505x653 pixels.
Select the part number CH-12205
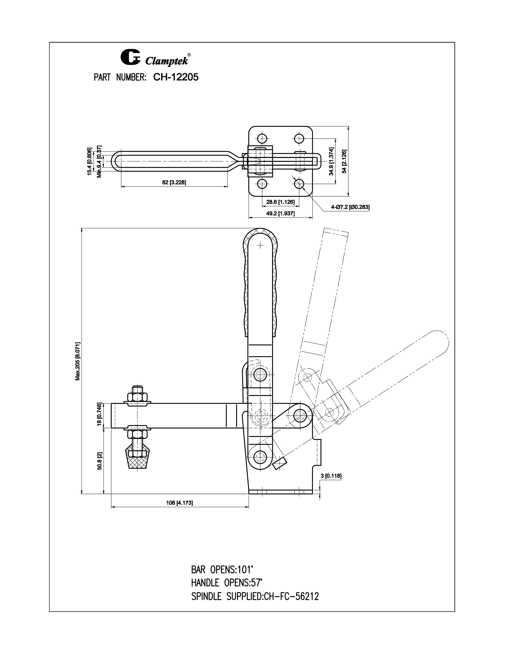pos(176,77)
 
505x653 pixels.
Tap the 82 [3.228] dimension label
pos(174,182)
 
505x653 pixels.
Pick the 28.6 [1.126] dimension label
pos(280,202)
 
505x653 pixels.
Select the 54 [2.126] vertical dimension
pos(344,161)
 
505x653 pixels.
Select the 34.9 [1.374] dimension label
pos(331,161)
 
